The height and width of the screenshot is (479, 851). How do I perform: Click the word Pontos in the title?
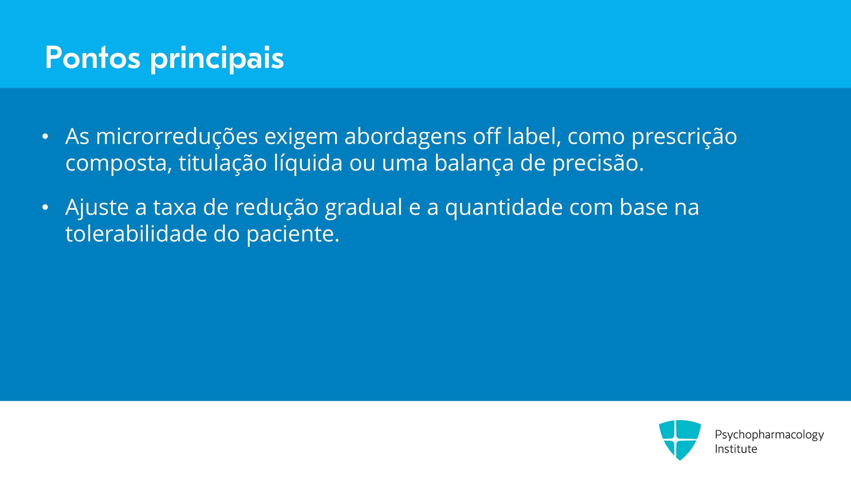(93, 58)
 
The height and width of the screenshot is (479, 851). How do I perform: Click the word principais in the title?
(217, 59)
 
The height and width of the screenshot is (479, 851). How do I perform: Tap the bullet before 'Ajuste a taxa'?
(46, 207)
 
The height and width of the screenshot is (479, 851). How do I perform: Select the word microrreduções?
(177, 137)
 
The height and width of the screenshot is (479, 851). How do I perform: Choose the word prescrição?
(684, 137)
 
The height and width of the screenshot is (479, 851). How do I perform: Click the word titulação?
(223, 164)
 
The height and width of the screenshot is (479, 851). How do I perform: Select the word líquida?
(308, 164)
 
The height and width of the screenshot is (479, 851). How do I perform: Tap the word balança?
(474, 164)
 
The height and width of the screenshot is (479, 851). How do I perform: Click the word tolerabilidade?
(136, 234)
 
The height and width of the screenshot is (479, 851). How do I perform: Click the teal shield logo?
(680, 440)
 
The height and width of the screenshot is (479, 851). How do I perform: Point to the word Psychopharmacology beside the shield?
(770, 435)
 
